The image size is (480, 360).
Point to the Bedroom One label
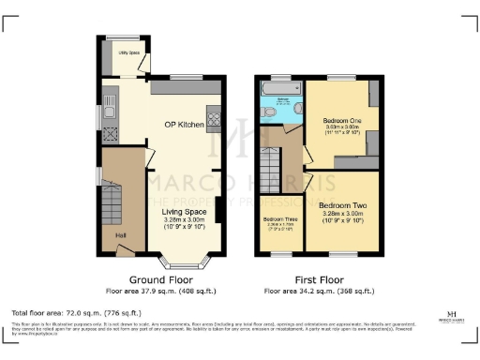(341, 121)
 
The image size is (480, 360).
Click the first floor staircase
(272, 174)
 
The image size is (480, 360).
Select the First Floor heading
(319, 279)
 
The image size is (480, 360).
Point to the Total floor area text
(75, 311)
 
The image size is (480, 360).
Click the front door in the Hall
(124, 247)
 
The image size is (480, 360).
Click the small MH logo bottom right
(452, 314)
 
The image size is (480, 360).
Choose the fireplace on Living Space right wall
(218, 208)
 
